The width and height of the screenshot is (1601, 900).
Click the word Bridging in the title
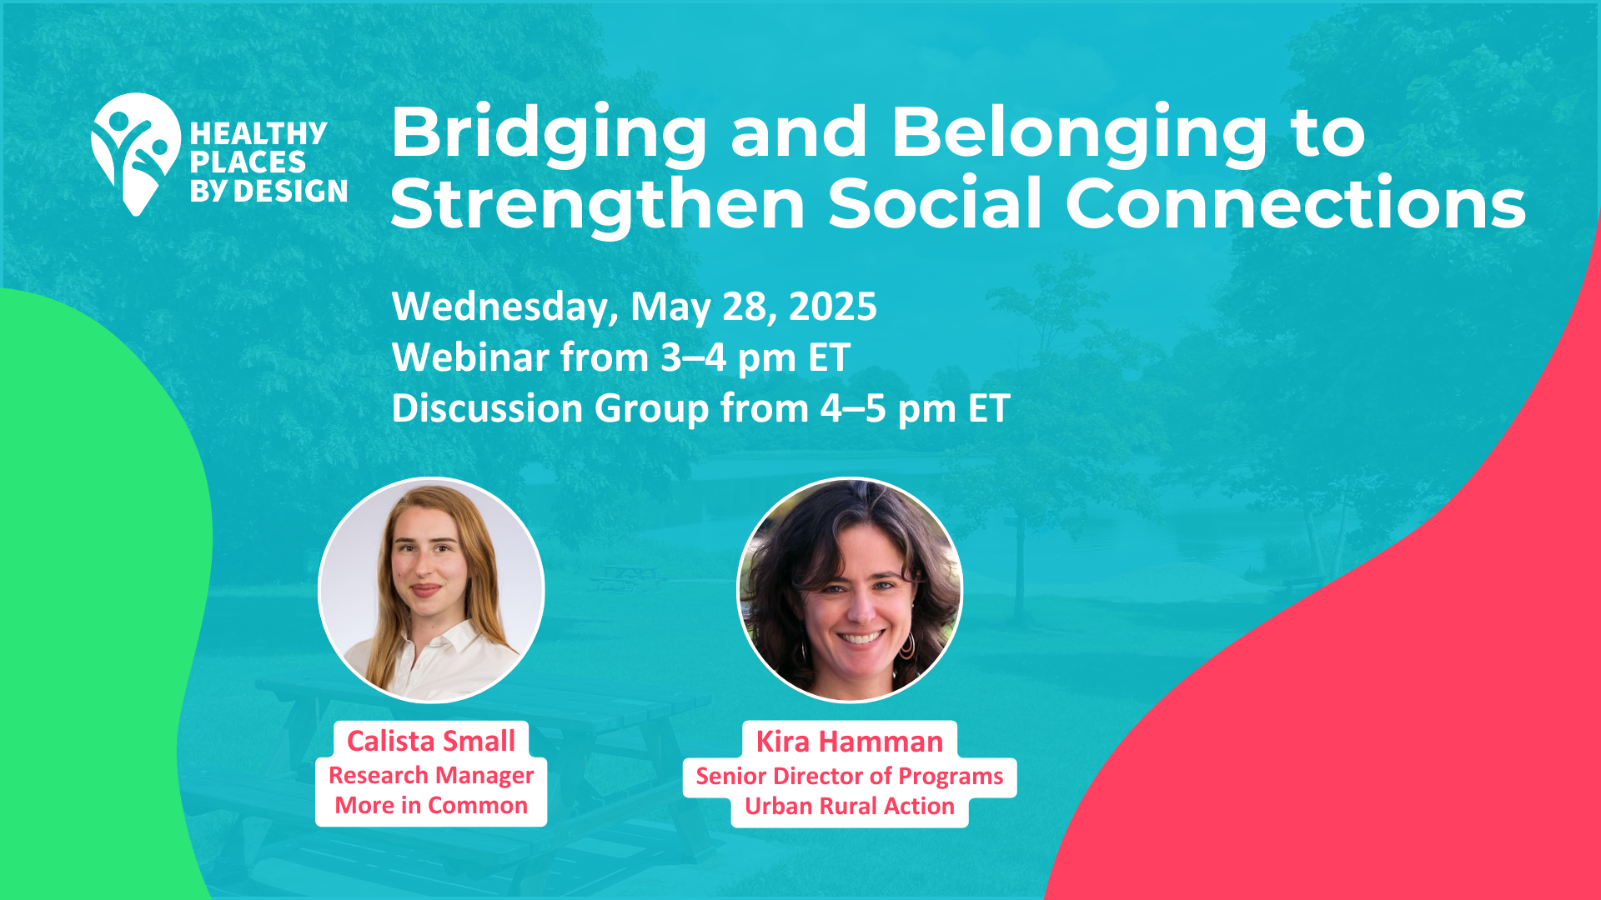tap(549, 134)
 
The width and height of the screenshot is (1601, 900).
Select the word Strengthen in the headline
tap(598, 204)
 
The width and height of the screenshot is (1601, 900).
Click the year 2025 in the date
tap(833, 306)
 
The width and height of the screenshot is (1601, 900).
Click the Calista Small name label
tap(431, 741)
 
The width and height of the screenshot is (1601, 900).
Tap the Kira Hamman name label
tap(850, 742)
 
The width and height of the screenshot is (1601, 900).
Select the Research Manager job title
tap(431, 776)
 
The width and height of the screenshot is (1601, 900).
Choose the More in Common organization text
tap(431, 806)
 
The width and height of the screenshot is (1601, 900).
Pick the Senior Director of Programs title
tap(850, 777)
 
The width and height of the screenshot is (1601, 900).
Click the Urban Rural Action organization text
tap(850, 807)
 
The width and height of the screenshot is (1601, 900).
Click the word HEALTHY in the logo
tap(258, 133)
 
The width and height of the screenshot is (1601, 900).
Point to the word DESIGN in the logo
tap(290, 192)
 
